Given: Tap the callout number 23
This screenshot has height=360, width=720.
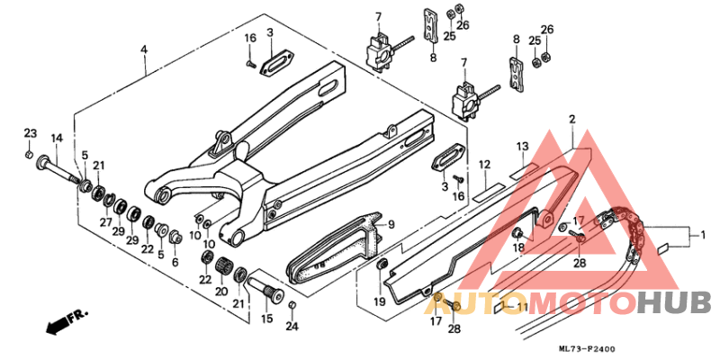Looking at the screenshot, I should pyautogui.click(x=30, y=133).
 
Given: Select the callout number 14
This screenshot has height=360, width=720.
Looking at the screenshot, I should pyautogui.click(x=57, y=138).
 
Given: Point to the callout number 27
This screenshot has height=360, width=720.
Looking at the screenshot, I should pyautogui.click(x=105, y=222).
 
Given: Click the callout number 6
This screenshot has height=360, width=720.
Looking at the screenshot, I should pyautogui.click(x=175, y=261).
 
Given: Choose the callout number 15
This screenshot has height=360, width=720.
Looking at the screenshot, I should pyautogui.click(x=266, y=319).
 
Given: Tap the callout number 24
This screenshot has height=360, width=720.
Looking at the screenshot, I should pyautogui.click(x=292, y=327).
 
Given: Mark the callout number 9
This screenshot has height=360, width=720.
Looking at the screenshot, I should pyautogui.click(x=391, y=224).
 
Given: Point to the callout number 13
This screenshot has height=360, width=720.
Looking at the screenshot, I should pyautogui.click(x=521, y=146).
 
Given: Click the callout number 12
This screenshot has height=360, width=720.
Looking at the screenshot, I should pyautogui.click(x=483, y=165).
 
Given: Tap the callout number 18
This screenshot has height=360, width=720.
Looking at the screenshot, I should pyautogui.click(x=518, y=247).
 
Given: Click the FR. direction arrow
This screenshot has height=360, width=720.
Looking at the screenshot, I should pyautogui.click(x=59, y=319).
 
